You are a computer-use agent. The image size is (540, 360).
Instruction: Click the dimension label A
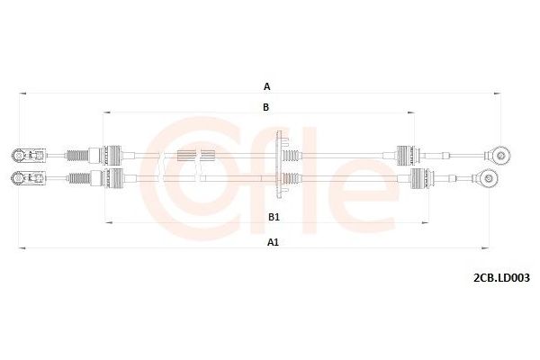[x=266, y=86]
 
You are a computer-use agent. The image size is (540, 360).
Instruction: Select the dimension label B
[x=266, y=107]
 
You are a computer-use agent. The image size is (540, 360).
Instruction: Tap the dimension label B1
[x=274, y=217]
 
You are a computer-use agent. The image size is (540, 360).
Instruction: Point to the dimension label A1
[x=273, y=241]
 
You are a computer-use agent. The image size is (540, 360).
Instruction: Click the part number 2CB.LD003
[x=501, y=278]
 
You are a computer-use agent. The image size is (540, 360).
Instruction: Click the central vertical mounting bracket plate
[x=283, y=166]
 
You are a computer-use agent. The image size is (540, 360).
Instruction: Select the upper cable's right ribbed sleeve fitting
[x=404, y=154]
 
